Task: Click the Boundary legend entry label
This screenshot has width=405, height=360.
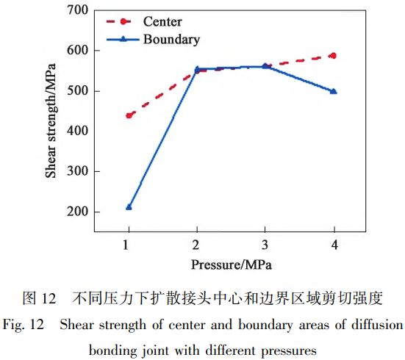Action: click(x=171, y=39)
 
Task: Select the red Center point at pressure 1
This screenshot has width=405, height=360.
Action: click(x=129, y=115)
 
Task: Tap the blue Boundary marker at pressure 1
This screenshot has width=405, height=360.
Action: click(x=129, y=207)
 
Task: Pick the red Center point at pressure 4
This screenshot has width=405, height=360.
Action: click(x=333, y=56)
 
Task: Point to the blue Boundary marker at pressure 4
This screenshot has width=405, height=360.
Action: click(x=334, y=91)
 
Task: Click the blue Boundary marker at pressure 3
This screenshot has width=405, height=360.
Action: click(x=265, y=66)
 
